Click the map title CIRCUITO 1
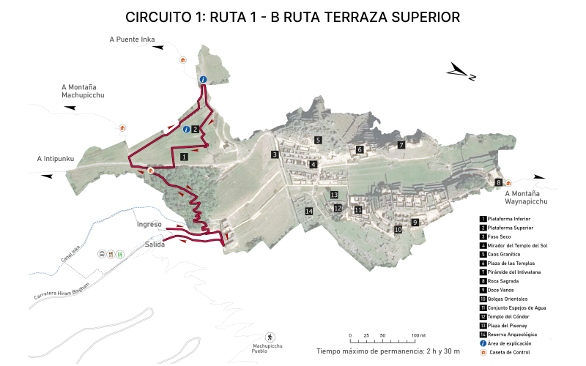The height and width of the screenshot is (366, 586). tap(292, 17)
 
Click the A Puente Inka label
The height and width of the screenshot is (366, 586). tap(131, 40)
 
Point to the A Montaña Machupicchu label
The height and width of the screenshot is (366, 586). tap(83, 91)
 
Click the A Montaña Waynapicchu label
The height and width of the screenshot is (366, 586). tap(526, 197)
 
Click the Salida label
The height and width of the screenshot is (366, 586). tap(155, 244)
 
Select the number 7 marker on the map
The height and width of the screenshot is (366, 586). tap(401, 145)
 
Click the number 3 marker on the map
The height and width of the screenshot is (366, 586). tap(274, 154)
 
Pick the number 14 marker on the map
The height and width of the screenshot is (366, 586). tap(309, 212)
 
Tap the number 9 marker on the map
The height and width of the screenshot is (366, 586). tap(415, 222)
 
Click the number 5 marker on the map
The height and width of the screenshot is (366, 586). tap(318, 139)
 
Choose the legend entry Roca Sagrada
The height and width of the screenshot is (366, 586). tap(505, 280)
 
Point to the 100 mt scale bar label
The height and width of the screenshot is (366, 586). tap(418, 335)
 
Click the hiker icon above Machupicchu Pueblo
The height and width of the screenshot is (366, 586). tap(270, 337)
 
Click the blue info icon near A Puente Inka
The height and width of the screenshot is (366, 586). tap(203, 79)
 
